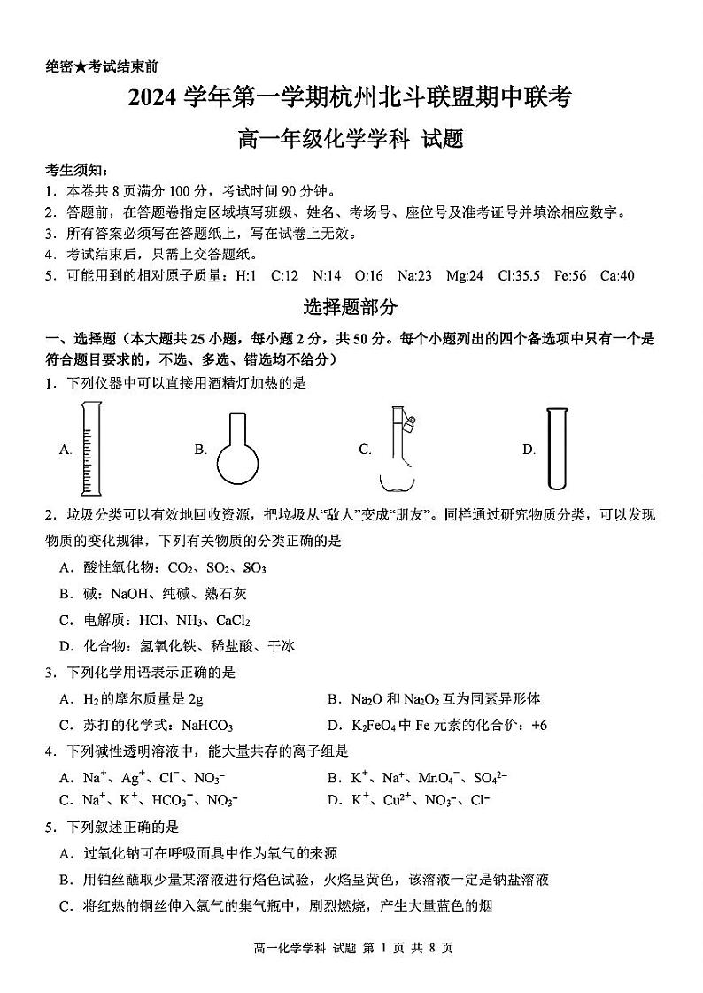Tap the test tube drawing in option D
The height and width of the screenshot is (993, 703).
(x=556, y=448)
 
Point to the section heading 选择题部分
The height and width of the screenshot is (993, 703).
(x=351, y=307)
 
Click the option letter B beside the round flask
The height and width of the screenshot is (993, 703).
(x=200, y=450)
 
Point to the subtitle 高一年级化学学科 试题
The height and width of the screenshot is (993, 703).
(x=351, y=139)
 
